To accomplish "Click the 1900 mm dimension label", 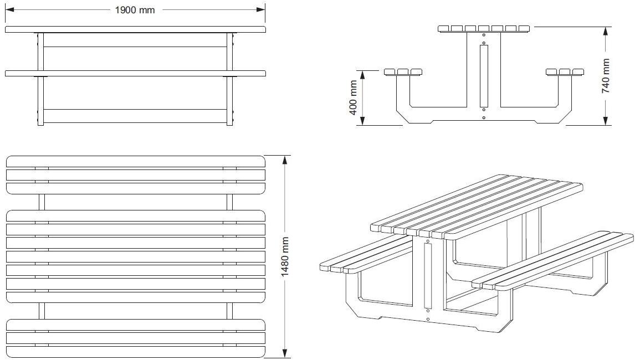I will pyautogui.click(x=135, y=10).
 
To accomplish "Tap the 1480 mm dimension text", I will pyautogui.click(x=285, y=256).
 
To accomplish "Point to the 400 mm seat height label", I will pyautogui.click(x=354, y=97).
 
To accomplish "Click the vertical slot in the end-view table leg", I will pyautogui.click(x=484, y=76).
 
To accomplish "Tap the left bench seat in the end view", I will pyautogui.click(x=403, y=71).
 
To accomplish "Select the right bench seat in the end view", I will pyautogui.click(x=565, y=71).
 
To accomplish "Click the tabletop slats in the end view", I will pyautogui.click(x=484, y=28).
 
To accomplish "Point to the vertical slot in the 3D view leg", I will pyautogui.click(x=428, y=276).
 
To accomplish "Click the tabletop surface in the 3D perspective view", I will pyautogui.click(x=477, y=205).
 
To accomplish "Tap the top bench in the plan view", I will pyautogui.click(x=135, y=174).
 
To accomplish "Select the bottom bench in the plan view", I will pyautogui.click(x=135, y=338).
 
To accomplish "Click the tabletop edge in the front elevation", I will pyautogui.click(x=135, y=29).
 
